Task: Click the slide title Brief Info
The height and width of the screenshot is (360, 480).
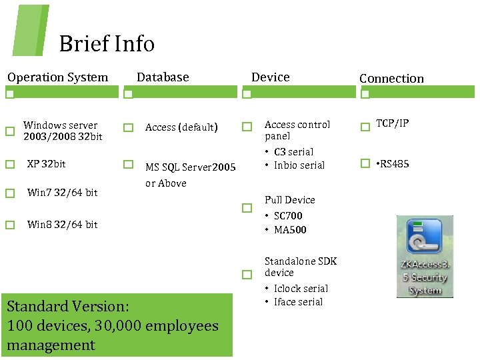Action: coord(107,44)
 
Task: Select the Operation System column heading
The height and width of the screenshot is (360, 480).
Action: coord(57,77)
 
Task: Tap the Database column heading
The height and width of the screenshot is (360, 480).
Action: coord(163,77)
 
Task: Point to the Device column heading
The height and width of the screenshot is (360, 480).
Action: coord(270,77)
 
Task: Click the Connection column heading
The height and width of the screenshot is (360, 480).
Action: coord(391,79)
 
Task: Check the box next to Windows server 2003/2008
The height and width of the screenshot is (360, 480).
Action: coord(9,131)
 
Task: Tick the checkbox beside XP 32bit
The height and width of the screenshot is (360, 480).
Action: coord(9,164)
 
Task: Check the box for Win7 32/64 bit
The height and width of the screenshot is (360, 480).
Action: coord(9,193)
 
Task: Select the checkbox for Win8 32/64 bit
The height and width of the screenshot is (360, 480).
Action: coord(9,225)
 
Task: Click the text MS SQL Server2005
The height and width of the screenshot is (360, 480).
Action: coord(190,167)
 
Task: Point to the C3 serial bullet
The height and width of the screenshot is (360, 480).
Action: coord(293,152)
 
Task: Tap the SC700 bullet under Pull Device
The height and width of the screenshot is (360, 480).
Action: coord(288,216)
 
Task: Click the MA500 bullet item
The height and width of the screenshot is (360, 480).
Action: coord(290,230)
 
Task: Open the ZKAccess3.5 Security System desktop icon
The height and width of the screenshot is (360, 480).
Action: coord(425,256)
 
